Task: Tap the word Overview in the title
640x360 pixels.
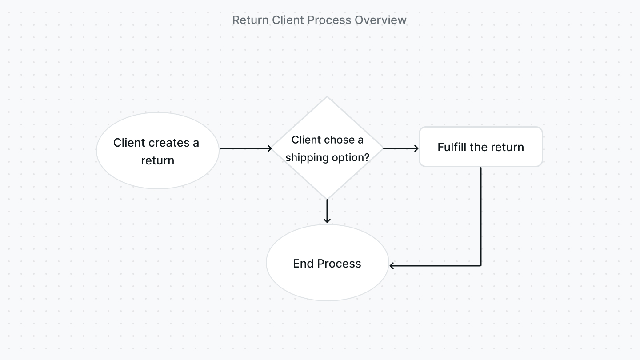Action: tap(386, 20)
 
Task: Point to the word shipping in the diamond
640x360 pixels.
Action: tap(304, 158)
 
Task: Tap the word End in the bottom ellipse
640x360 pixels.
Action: tap(304, 264)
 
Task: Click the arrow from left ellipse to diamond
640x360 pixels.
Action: tap(245, 148)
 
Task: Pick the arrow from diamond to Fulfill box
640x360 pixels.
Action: tap(400, 148)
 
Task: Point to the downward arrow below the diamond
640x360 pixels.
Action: tap(327, 211)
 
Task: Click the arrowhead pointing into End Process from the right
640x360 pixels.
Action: tap(392, 266)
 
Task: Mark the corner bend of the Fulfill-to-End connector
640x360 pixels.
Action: tap(481, 266)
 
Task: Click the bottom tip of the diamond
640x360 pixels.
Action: tap(327, 199)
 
